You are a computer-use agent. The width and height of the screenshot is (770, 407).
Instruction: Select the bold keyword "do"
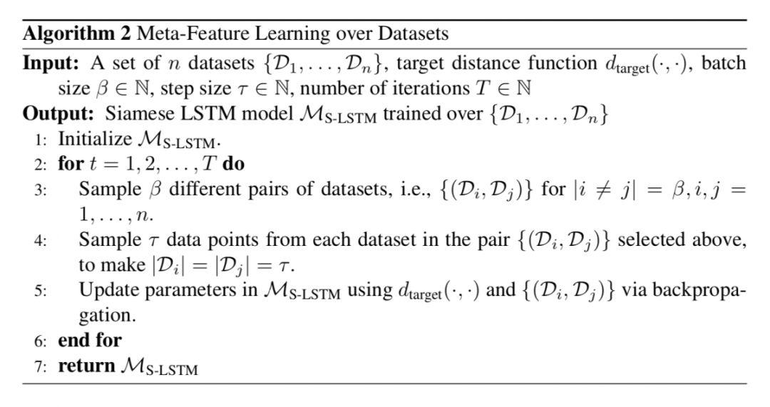(x=232, y=164)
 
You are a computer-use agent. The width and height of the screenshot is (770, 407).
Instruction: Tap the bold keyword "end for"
(x=89, y=341)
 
